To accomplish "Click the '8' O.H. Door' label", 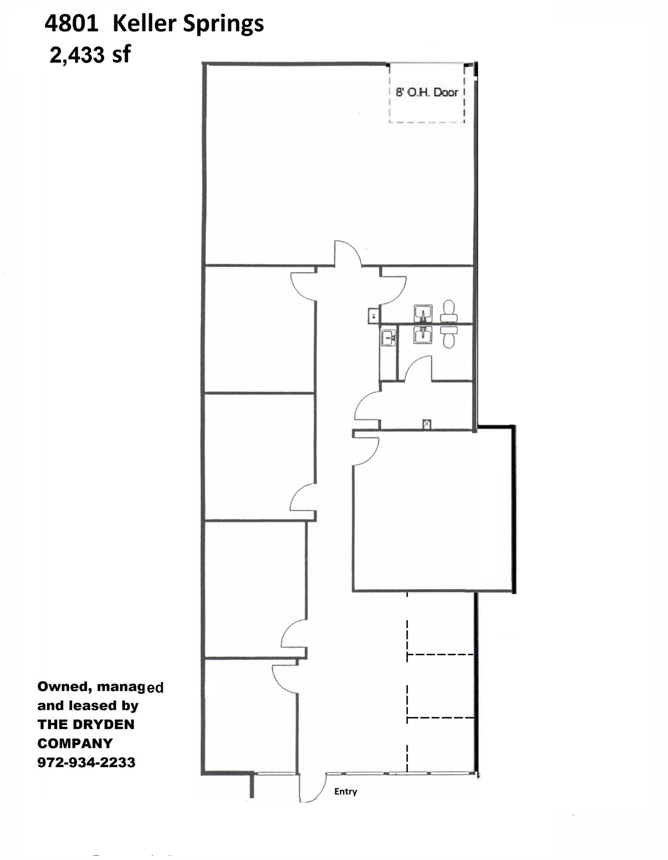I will pyautogui.click(x=427, y=92).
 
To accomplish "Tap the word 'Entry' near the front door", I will pyautogui.click(x=346, y=792).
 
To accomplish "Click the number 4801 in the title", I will pyautogui.click(x=71, y=24).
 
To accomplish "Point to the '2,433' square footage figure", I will pyautogui.click(x=77, y=55).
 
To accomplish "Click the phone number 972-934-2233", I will pyautogui.click(x=86, y=762).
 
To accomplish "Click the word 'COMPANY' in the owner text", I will pyautogui.click(x=75, y=743).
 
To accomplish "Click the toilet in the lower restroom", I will pyautogui.click(x=448, y=336).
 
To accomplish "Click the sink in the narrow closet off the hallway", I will pyautogui.click(x=388, y=337).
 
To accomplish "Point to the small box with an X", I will pyautogui.click(x=427, y=424).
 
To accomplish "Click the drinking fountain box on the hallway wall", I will pyautogui.click(x=372, y=315).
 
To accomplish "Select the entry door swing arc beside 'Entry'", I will pyautogui.click(x=313, y=788).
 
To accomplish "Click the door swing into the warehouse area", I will pyautogui.click(x=347, y=254).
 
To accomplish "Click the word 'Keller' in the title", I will pyautogui.click(x=144, y=24).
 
